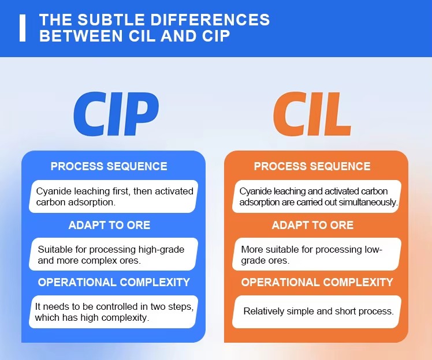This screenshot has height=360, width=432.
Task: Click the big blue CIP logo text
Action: click(x=116, y=114)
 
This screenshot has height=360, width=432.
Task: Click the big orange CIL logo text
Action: click(x=312, y=114)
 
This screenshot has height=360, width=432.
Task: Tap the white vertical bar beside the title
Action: click(x=23, y=28)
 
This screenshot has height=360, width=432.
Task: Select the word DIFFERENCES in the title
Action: click(x=210, y=20)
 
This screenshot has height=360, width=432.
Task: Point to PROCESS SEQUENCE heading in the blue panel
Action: click(x=109, y=166)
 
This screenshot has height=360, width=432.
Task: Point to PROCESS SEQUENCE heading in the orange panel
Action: click(x=312, y=166)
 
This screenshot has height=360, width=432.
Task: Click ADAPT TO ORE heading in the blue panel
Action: click(x=109, y=225)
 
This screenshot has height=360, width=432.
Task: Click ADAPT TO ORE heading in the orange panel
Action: click(x=312, y=225)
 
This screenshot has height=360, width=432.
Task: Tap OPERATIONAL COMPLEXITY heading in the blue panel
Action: click(x=114, y=282)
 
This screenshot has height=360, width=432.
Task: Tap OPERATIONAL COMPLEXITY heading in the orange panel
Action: click(x=317, y=282)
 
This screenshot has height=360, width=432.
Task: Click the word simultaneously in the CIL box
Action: click(x=368, y=202)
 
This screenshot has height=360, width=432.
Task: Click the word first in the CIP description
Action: click(x=121, y=191)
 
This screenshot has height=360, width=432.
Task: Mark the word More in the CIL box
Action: click(x=249, y=249)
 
